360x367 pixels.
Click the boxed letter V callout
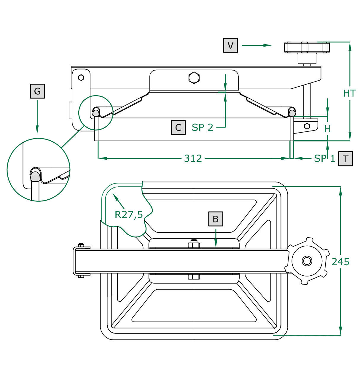(x=230, y=45)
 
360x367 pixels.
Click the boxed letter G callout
(x=37, y=91)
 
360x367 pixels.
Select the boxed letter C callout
(x=178, y=127)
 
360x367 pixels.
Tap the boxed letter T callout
(x=345, y=159)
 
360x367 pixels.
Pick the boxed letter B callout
(x=216, y=219)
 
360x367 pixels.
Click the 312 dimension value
(x=193, y=158)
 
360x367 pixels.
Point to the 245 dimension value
(x=340, y=262)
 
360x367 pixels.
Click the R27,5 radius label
(x=129, y=215)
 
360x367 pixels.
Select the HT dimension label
(x=349, y=93)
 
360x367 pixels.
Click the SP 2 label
(x=202, y=127)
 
